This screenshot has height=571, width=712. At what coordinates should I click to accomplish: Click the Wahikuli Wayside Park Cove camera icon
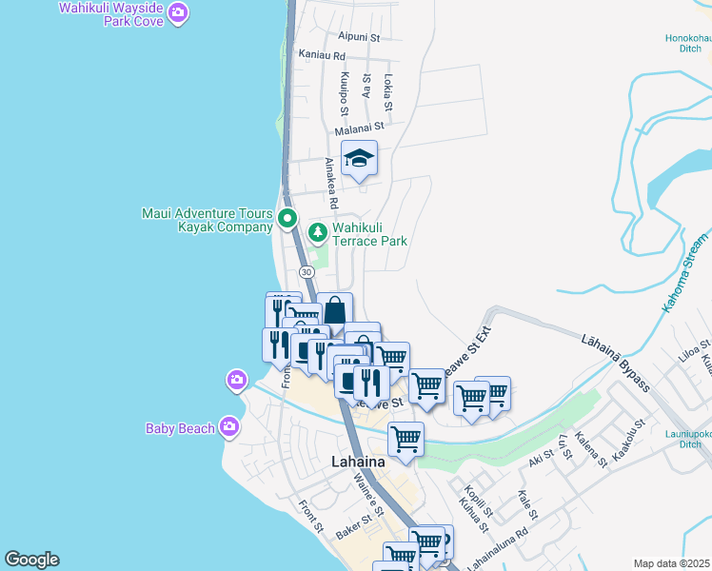178,12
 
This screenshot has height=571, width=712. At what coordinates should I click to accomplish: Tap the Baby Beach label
180,428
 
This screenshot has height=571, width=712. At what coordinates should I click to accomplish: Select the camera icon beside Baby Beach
228,426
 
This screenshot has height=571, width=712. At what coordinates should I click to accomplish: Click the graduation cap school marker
360,158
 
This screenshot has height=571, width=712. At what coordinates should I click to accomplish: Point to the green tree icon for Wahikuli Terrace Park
317,230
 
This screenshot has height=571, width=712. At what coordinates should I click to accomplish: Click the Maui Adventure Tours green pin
288,220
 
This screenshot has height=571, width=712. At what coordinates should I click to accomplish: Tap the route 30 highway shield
307,272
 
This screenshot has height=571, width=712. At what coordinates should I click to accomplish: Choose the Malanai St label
359,126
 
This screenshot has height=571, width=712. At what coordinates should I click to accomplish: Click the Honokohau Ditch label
688,43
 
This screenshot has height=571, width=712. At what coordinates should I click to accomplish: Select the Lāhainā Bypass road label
615,361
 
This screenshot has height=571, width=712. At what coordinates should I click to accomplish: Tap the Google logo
31,560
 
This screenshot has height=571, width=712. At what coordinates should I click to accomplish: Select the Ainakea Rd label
330,183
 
